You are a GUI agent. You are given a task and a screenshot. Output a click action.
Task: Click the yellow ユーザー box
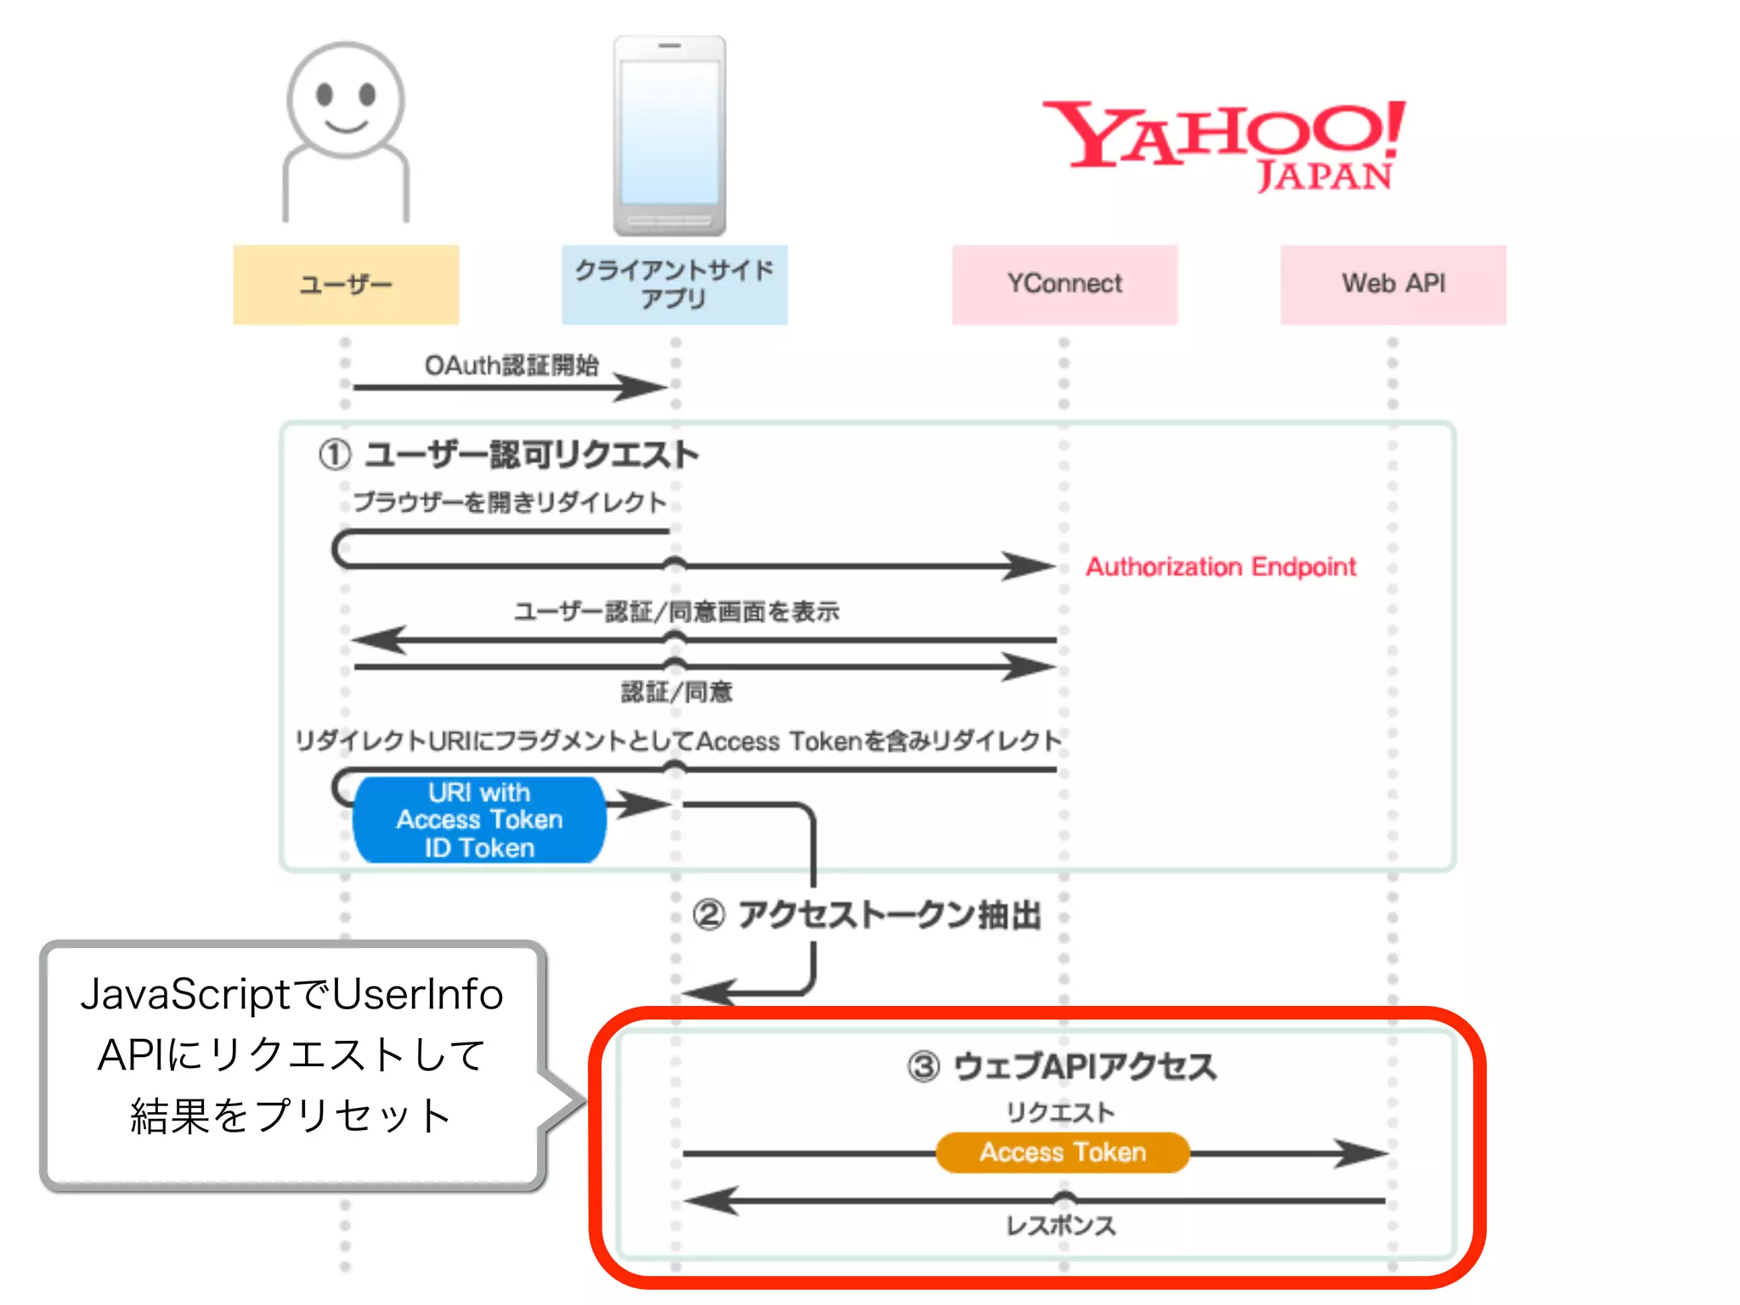click(x=346, y=285)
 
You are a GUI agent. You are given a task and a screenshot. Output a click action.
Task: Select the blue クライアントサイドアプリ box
click(x=674, y=285)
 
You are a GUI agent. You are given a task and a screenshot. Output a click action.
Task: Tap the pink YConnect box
click(x=1064, y=285)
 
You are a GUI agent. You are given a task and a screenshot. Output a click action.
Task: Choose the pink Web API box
click(x=1393, y=285)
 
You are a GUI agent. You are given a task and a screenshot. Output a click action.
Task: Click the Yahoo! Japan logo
click(x=1223, y=144)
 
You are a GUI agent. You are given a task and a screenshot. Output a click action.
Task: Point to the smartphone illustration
click(x=670, y=136)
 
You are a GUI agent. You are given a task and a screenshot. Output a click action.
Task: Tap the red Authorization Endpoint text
click(x=1220, y=567)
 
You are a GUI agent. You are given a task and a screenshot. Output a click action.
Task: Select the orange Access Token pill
click(x=1062, y=1153)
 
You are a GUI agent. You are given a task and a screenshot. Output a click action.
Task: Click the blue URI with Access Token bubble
click(x=479, y=821)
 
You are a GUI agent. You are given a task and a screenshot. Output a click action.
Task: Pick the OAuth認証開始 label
click(x=511, y=365)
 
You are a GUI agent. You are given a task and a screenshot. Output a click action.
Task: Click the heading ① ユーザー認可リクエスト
click(x=508, y=455)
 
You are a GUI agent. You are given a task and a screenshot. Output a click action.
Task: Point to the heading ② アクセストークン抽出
click(x=867, y=915)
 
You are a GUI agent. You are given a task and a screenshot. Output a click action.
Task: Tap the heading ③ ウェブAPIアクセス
click(x=1062, y=1066)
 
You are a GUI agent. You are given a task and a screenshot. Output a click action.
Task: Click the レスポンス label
click(x=1060, y=1226)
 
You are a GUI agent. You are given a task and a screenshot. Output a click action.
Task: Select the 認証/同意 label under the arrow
click(x=676, y=692)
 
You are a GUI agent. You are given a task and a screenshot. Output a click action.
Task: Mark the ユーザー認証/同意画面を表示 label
click(x=676, y=612)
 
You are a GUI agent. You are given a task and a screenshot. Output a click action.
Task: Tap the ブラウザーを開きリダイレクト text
click(x=510, y=502)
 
